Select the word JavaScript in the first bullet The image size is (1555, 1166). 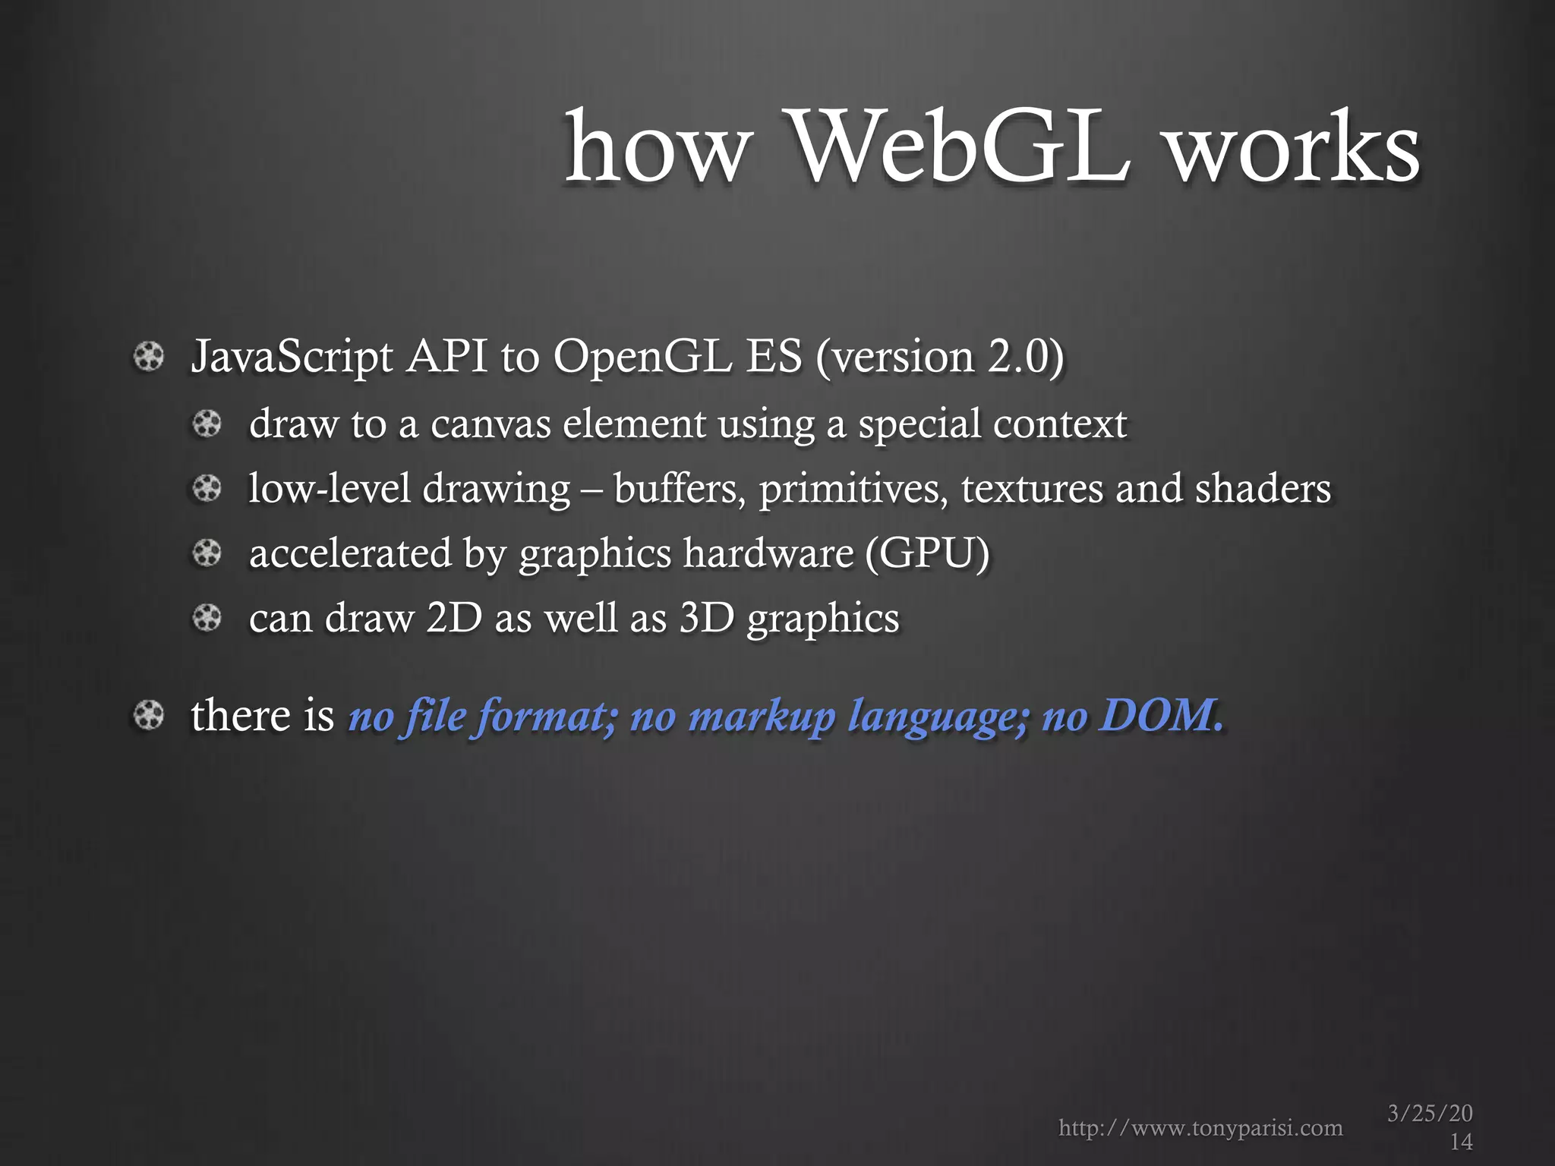(x=292, y=357)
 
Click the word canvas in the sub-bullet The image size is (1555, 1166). (x=490, y=424)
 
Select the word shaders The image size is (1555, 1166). (x=1263, y=488)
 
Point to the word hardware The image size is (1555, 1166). (x=768, y=553)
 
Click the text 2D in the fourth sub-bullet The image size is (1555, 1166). (x=454, y=617)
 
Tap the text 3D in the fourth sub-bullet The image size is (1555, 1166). (x=706, y=617)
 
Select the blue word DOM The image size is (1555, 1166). (x=1162, y=715)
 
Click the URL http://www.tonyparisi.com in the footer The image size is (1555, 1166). (x=1200, y=1128)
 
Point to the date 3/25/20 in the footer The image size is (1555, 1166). (x=1430, y=1114)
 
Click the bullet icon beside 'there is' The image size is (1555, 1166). (x=148, y=715)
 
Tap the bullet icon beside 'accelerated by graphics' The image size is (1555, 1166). (x=207, y=553)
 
